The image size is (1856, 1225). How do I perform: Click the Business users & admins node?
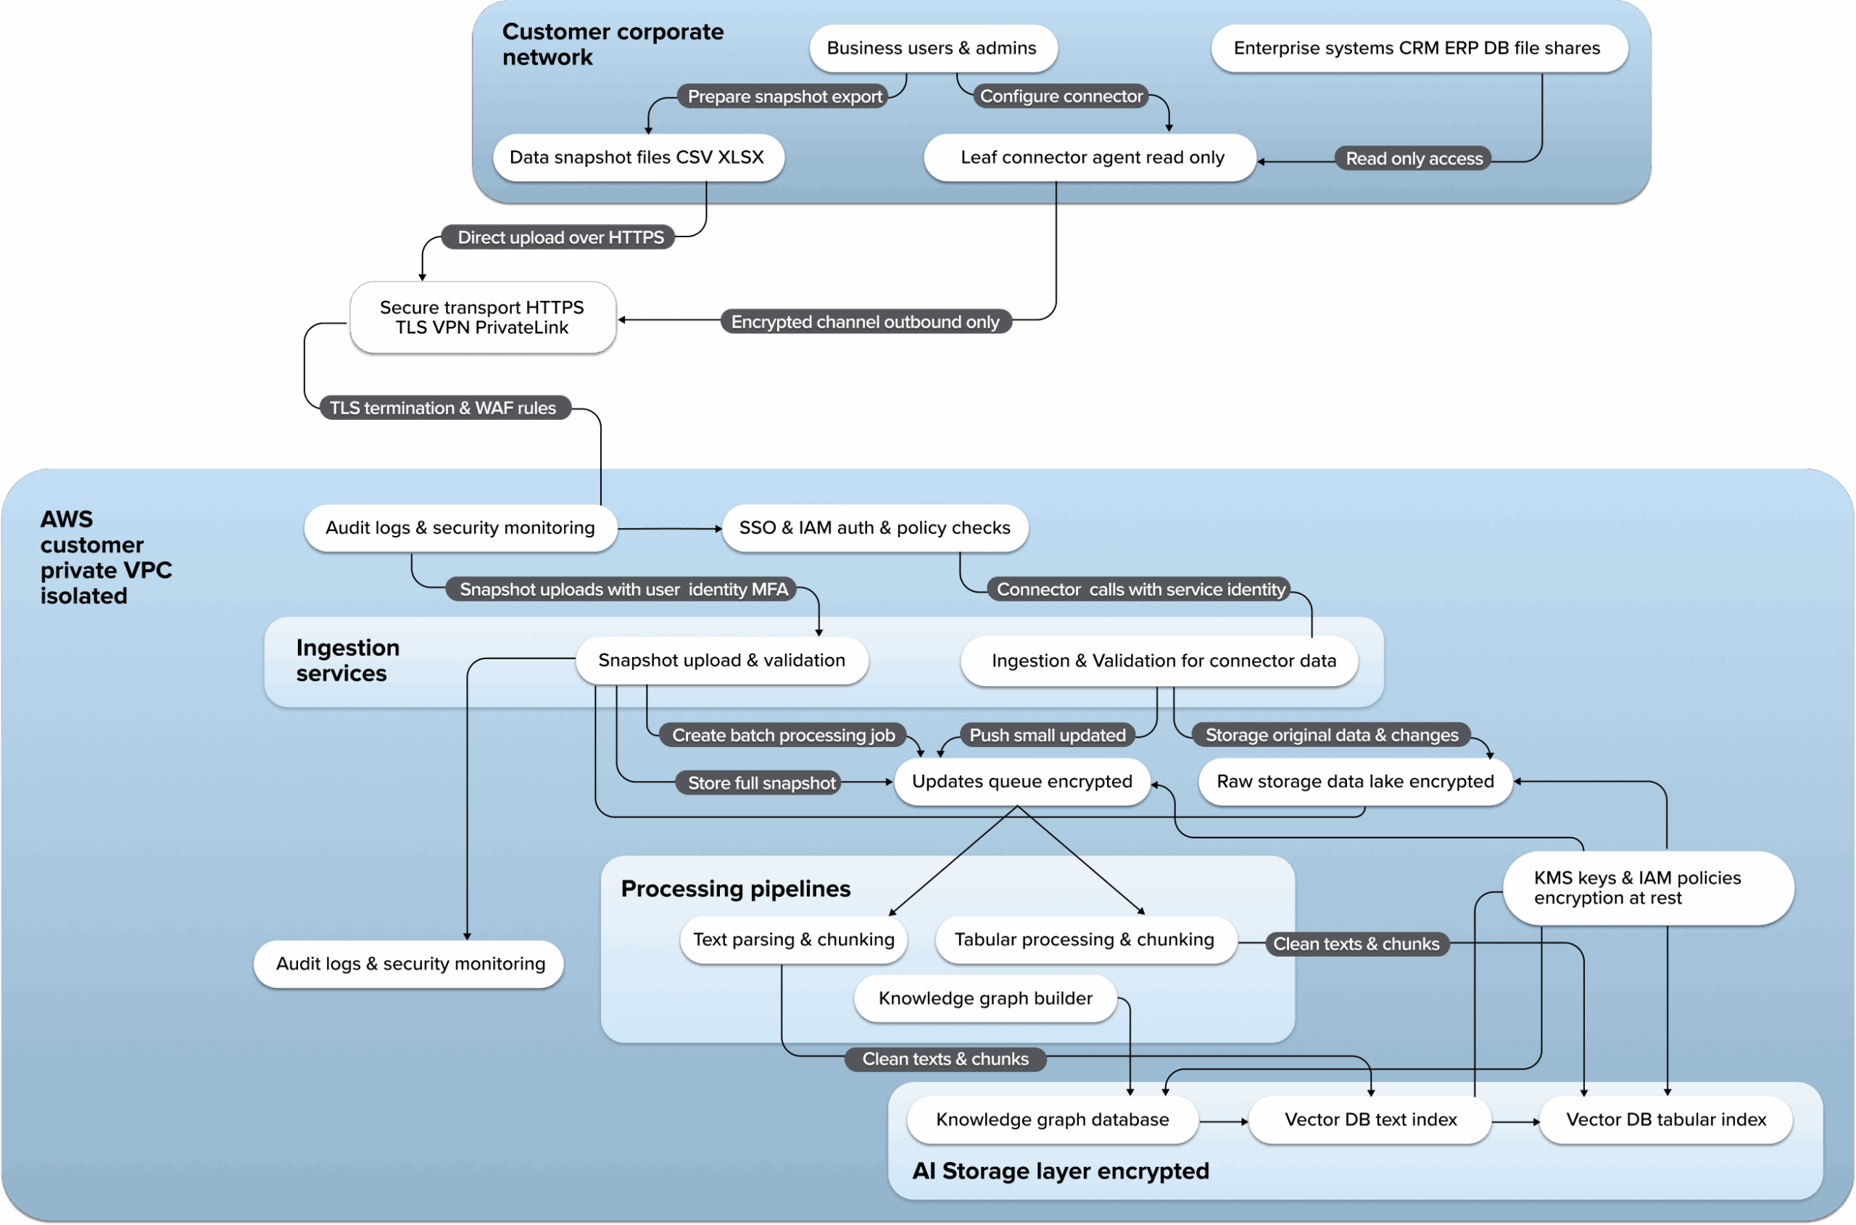(932, 49)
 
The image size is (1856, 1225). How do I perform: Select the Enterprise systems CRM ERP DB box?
(1418, 49)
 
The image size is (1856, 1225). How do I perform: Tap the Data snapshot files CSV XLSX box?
(637, 158)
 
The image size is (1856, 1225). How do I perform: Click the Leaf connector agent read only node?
(1091, 158)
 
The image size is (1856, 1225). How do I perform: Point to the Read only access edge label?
(1413, 159)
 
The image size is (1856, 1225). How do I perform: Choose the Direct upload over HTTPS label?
(559, 237)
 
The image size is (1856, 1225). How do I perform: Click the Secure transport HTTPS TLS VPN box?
(483, 317)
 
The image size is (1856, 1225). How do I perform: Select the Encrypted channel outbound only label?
(864, 322)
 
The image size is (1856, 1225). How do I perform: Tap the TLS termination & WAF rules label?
(444, 408)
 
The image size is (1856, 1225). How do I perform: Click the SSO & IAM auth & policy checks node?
(874, 528)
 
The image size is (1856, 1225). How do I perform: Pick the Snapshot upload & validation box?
(721, 661)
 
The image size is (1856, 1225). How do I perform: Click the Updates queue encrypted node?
(1022, 782)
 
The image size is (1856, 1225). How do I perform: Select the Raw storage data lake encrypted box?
(1355, 782)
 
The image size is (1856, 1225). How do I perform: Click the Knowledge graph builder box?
(985, 999)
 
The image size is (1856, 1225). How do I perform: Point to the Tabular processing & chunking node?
(1084, 940)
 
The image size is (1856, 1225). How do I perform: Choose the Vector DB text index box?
(1370, 1121)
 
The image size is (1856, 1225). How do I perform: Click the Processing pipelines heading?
(736, 889)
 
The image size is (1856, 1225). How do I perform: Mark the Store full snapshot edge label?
(761, 783)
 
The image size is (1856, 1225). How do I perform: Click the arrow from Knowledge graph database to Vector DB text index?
(1223, 1122)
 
